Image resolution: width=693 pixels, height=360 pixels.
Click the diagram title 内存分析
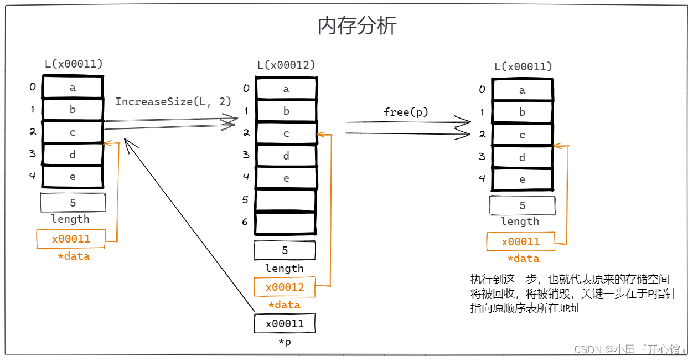tap(357, 26)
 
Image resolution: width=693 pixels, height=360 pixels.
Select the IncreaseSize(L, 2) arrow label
tap(173, 102)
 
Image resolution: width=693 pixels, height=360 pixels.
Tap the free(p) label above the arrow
tap(406, 112)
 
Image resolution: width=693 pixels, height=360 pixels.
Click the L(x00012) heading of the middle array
tap(286, 65)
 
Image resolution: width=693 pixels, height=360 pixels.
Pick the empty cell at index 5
tap(286, 200)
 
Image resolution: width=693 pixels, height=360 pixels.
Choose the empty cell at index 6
tap(286, 223)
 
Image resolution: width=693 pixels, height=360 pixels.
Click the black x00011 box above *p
tap(285, 323)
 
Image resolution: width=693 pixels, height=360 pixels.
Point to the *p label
tap(285, 342)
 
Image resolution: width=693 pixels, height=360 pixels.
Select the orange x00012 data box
tap(285, 287)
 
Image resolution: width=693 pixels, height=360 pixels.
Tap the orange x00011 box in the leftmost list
tap(71, 239)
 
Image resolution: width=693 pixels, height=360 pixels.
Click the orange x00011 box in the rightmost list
tap(520, 242)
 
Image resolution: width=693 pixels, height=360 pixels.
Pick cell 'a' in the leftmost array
tap(73, 87)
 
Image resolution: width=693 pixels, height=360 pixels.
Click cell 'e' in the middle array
tap(286, 178)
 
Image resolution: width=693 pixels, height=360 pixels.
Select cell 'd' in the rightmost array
tap(522, 158)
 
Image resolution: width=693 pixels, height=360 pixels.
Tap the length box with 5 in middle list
tap(285, 250)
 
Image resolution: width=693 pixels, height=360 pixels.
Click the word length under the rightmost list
tap(520, 222)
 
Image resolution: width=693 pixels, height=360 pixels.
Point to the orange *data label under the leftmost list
tap(74, 256)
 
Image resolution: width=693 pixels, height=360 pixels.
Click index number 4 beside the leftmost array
tap(33, 176)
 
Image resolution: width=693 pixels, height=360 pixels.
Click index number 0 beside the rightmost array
tap(482, 90)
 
